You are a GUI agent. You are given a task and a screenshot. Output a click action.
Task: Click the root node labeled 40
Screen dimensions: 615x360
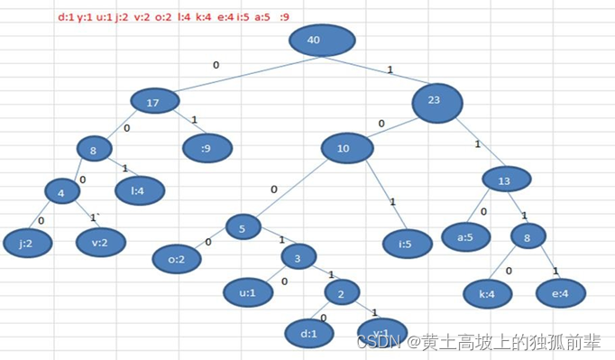(x=323, y=40)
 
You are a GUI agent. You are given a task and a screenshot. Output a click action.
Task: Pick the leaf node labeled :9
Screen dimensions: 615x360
(x=207, y=147)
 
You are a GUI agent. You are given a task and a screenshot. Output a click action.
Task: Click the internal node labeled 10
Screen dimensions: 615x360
(x=344, y=148)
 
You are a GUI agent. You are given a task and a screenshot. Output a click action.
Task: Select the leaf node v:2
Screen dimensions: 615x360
(x=100, y=241)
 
